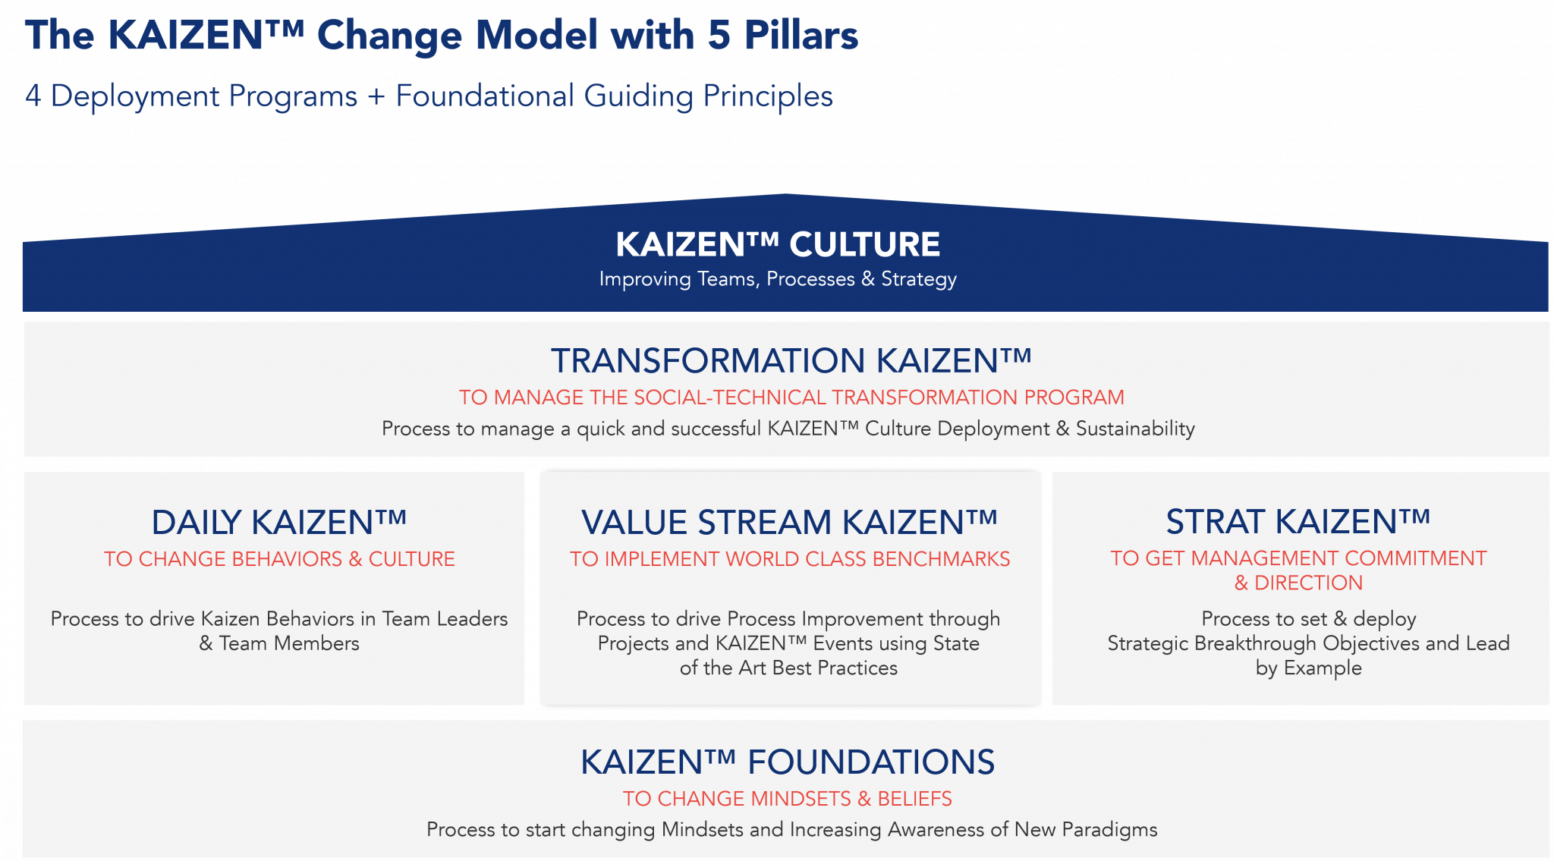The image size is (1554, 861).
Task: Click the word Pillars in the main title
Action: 801,36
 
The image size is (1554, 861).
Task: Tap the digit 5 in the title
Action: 718,36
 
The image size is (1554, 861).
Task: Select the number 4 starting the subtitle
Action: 33,96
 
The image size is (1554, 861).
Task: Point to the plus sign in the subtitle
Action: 376,97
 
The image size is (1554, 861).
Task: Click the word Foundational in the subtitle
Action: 485,96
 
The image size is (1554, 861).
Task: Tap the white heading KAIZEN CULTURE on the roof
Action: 778,244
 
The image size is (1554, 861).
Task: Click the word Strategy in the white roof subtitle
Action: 918,279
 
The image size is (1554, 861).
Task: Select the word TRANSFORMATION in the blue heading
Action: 708,361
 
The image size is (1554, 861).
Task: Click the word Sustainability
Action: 1135,429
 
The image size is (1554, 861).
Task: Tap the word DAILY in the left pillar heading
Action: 196,523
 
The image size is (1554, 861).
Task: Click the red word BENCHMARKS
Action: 941,559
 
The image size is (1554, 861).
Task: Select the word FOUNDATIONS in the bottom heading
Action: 870,762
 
